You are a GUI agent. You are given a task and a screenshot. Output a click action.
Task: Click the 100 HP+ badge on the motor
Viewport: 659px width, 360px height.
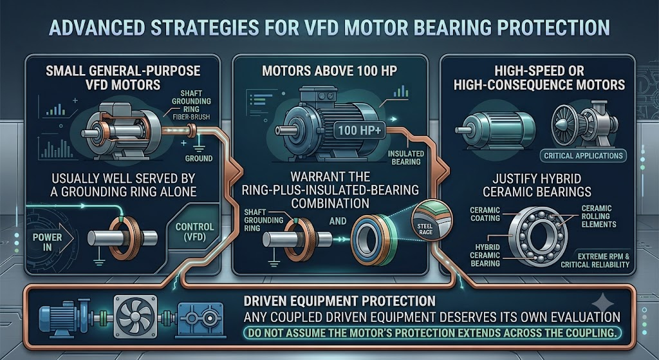click(359, 130)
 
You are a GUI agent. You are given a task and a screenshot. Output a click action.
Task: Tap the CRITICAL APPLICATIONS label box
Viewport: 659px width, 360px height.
click(583, 156)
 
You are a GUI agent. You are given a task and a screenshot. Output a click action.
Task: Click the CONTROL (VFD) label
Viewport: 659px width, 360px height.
click(194, 232)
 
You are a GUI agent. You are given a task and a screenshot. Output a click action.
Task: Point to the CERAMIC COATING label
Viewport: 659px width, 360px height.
click(485, 214)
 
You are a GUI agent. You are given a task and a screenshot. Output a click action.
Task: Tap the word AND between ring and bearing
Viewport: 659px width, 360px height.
click(338, 221)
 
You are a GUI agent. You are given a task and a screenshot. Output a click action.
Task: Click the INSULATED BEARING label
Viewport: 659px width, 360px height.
click(405, 158)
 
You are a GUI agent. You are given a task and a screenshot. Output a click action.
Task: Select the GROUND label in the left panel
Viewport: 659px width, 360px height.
click(198, 158)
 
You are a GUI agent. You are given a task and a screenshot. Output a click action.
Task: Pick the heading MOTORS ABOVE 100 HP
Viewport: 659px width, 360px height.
click(329, 71)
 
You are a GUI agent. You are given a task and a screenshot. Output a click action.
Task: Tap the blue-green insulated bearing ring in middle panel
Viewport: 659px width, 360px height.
click(374, 240)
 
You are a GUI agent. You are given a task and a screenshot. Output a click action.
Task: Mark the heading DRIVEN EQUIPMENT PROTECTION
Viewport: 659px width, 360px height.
click(339, 301)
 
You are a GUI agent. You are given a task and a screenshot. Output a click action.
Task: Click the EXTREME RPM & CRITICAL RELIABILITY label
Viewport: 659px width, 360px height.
click(595, 261)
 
